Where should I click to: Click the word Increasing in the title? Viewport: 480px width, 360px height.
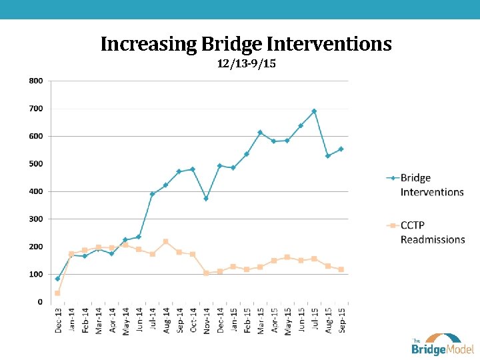tap(147, 45)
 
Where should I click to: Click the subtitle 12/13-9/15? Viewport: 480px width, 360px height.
tap(246, 64)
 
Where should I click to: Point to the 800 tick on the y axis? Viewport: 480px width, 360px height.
tap(35, 81)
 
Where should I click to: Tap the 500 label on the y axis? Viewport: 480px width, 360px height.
tap(35, 163)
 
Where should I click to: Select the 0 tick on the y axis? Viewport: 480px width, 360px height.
tap(39, 302)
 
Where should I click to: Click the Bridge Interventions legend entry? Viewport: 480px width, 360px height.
tap(431, 185)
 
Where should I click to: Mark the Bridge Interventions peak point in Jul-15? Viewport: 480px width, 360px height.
tap(314, 111)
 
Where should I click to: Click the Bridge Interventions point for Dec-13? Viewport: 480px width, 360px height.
tap(57, 279)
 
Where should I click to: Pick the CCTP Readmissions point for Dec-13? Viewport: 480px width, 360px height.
tap(57, 293)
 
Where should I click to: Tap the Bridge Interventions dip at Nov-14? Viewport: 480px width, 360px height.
tap(206, 198)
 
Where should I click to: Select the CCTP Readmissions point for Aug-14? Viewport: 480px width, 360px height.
tap(165, 241)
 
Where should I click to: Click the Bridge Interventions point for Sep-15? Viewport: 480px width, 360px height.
tap(341, 149)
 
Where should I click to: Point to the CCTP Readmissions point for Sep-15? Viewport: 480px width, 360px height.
tap(341, 269)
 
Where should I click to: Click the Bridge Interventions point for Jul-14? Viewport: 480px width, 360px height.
tap(152, 194)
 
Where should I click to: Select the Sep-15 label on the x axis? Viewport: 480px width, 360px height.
tap(341, 319)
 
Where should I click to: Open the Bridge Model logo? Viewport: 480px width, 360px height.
tap(441, 343)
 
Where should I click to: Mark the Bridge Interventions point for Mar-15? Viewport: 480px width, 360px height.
tap(260, 133)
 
